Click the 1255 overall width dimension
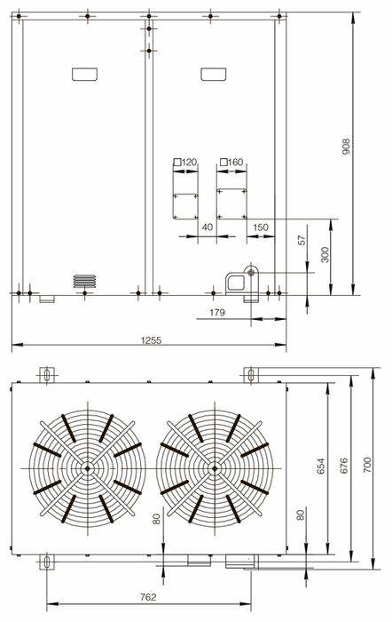click(152, 340)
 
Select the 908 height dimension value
click(346, 147)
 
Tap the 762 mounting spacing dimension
click(148, 597)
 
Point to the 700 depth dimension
click(367, 465)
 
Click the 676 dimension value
click(343, 466)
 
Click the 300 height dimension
click(325, 255)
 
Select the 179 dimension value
click(217, 313)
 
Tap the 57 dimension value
click(302, 241)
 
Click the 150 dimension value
click(261, 227)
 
